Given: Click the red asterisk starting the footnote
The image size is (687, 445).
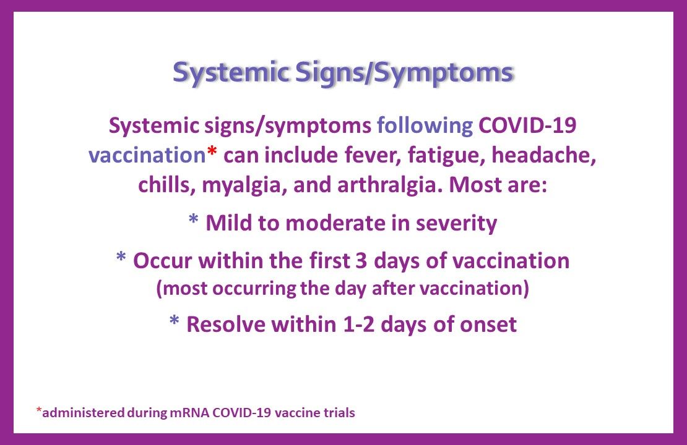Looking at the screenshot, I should (38, 410).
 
